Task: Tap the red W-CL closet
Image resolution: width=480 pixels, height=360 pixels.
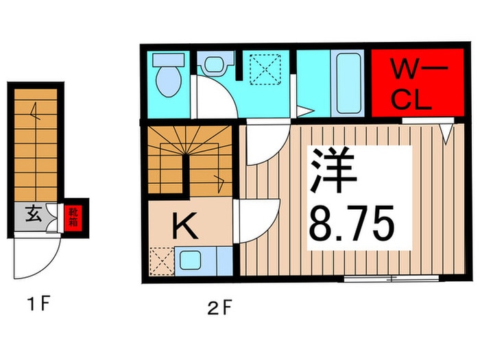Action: tap(411, 84)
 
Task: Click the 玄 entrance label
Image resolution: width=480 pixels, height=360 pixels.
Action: tap(32, 214)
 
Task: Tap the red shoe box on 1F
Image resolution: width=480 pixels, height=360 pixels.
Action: tap(72, 217)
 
